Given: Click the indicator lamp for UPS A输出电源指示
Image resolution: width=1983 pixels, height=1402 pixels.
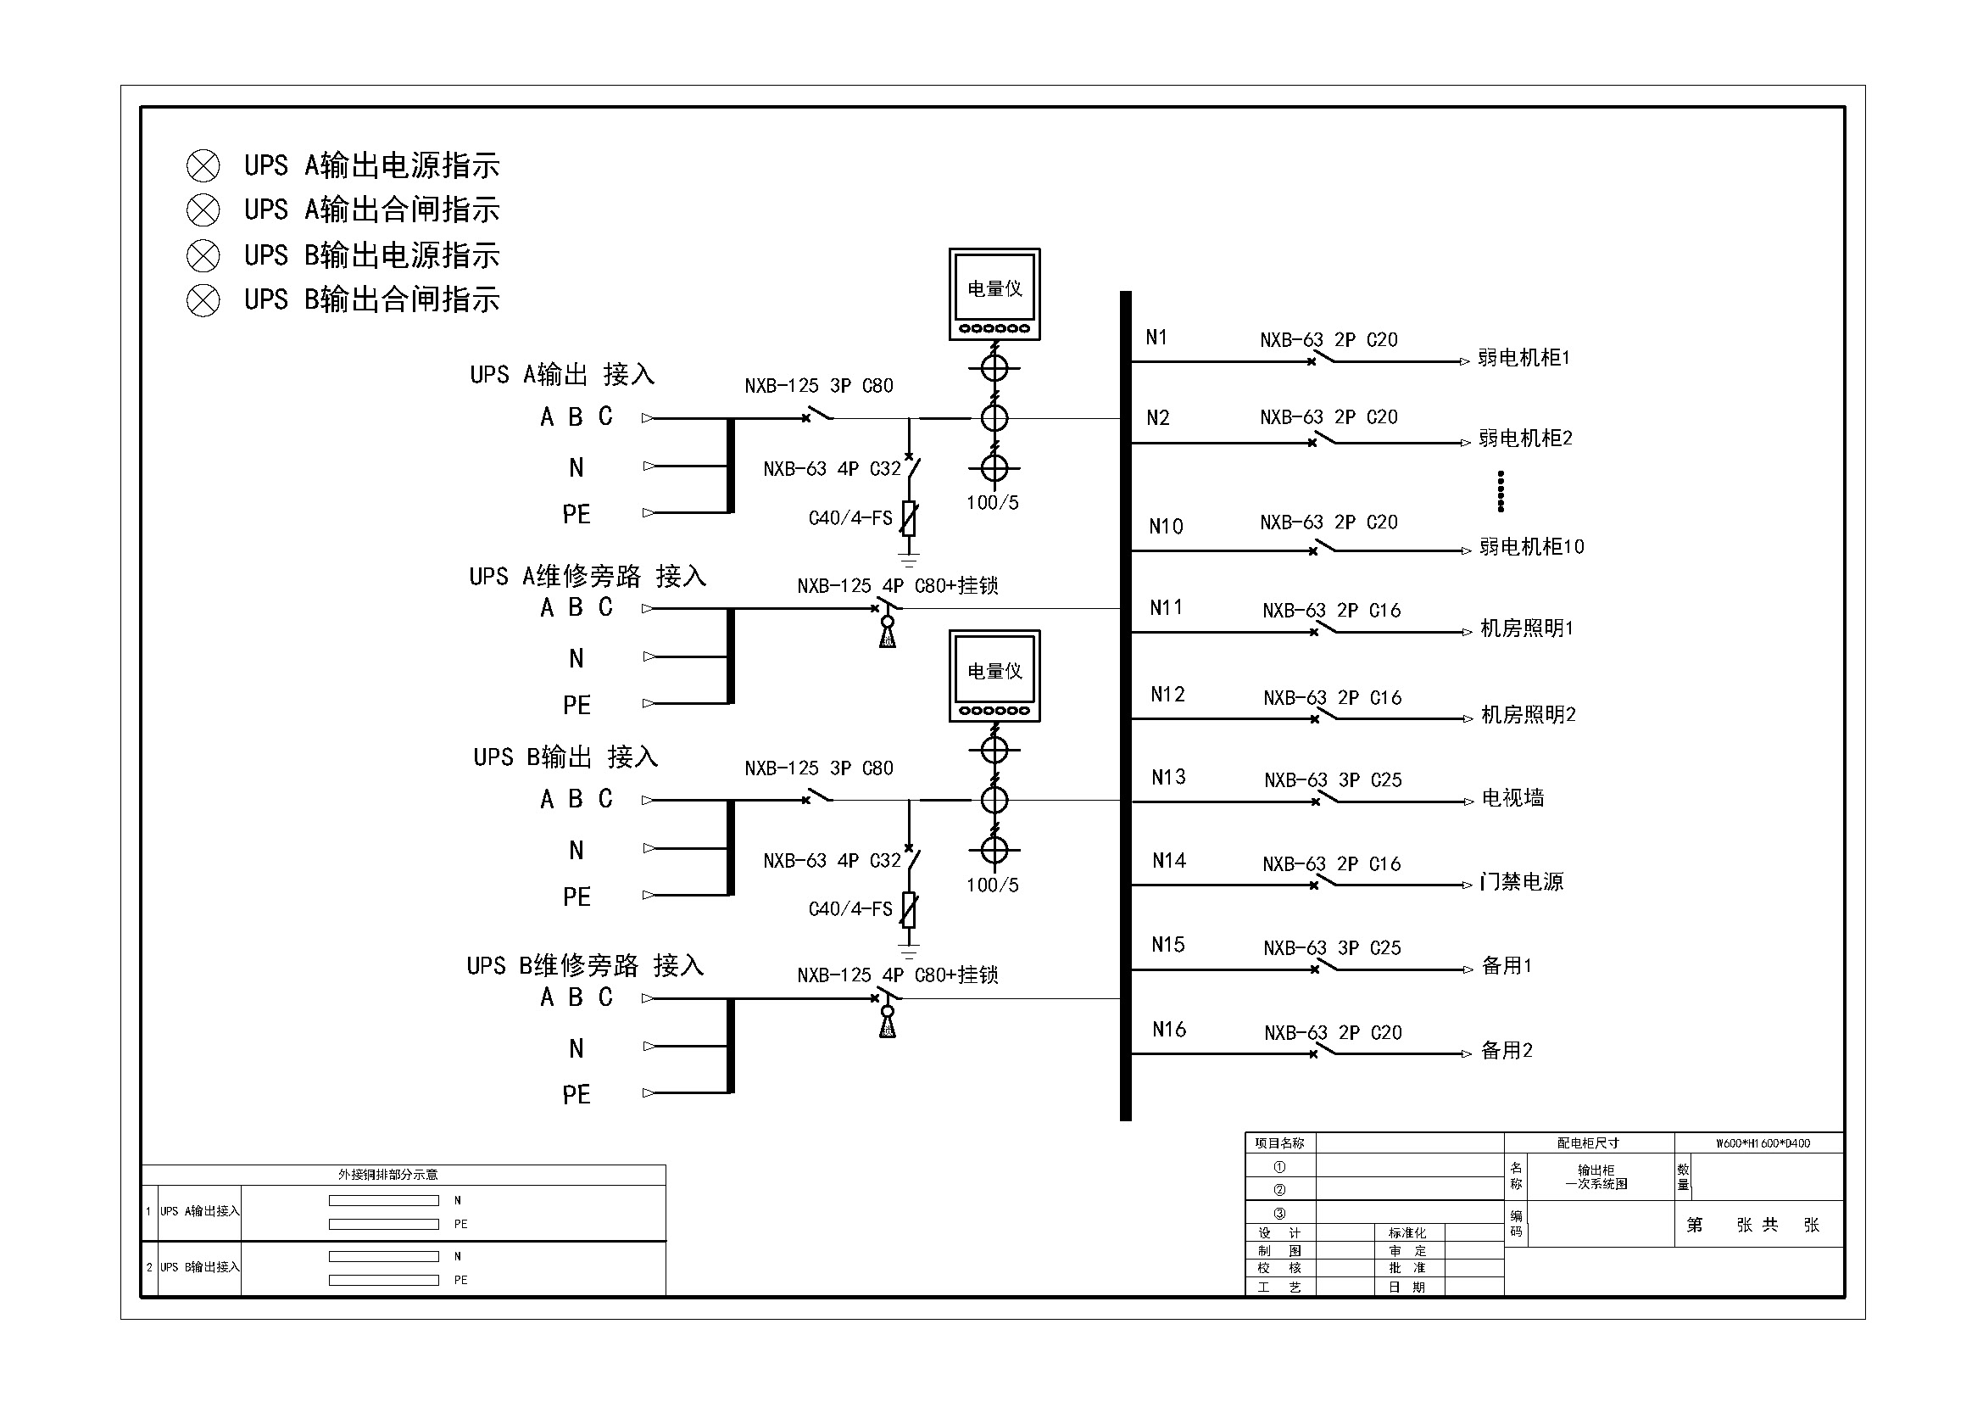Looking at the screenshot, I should tap(203, 166).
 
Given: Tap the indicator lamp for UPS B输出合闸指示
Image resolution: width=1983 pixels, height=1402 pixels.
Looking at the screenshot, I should tap(203, 300).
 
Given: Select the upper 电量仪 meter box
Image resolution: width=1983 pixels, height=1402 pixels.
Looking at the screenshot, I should tap(994, 293).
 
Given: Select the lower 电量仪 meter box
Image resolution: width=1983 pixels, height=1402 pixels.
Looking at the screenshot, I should tap(994, 675).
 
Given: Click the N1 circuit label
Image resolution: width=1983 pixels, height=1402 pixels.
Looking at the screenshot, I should tap(1156, 338).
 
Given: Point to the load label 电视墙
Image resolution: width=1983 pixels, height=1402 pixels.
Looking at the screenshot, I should tap(1512, 798).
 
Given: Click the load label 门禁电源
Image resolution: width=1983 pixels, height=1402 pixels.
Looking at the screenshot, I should tap(1521, 882).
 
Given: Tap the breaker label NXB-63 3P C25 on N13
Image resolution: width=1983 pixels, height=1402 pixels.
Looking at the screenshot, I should tap(1333, 780).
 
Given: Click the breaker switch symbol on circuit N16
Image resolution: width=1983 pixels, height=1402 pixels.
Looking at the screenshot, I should tap(1323, 1051).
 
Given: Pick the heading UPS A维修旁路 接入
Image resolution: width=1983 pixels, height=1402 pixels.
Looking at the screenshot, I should tap(588, 576).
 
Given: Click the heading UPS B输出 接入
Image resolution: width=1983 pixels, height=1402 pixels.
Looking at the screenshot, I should tap(565, 757).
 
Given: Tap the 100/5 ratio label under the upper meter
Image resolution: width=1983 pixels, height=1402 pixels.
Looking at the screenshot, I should tap(993, 503).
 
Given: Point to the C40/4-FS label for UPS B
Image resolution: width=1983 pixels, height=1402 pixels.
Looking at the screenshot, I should tap(849, 908).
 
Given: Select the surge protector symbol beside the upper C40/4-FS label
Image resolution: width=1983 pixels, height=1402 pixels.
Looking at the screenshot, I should tap(909, 518).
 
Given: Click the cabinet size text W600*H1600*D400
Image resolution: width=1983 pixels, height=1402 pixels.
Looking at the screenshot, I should tap(1762, 1143).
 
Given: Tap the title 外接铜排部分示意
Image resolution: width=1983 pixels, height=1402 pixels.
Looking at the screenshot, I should tap(387, 1175).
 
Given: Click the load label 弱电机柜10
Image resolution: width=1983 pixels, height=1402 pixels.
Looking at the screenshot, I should tap(1531, 547).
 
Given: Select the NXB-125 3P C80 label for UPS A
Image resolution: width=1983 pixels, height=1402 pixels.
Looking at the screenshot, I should tap(819, 386).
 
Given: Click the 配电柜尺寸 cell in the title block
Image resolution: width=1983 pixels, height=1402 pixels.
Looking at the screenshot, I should tap(1587, 1143).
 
